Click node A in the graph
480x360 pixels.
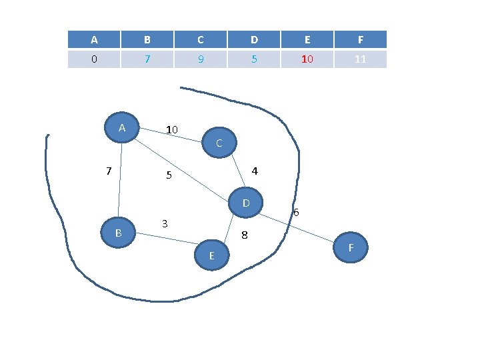[122, 127]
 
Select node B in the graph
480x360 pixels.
[118, 233]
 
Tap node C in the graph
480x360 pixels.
[219, 143]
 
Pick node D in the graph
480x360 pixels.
[245, 203]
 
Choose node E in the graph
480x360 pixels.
[212, 255]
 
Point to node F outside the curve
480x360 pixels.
[351, 247]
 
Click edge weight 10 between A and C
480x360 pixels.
[172, 129]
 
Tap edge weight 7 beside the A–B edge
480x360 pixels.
[109, 171]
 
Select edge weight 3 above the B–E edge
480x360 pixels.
[165, 224]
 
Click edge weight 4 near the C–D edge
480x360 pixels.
[255, 171]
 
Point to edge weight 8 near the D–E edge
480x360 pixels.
[244, 235]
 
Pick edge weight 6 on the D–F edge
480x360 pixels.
[296, 212]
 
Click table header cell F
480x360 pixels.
[361, 39]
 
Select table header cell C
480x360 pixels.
[201, 39]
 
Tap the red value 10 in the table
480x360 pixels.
[307, 59]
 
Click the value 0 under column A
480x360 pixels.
[94, 59]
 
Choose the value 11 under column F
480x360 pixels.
[360, 59]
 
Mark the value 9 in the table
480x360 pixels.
[201, 59]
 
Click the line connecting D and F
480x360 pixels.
[297, 228]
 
